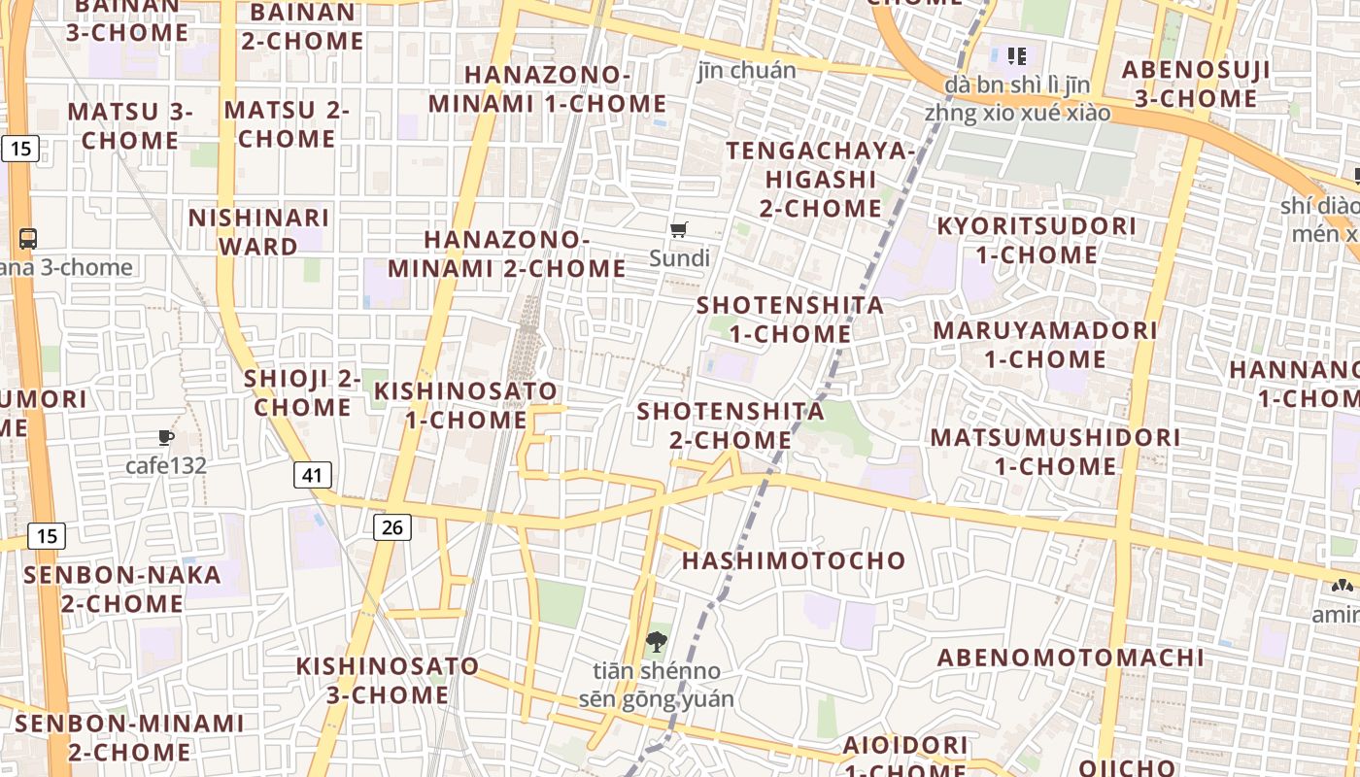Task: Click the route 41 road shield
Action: click(312, 475)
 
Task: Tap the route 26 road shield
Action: click(392, 527)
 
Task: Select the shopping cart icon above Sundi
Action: click(679, 230)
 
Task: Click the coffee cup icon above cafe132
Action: click(166, 438)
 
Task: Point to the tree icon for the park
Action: click(657, 641)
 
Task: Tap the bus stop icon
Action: click(28, 238)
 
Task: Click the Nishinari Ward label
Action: click(259, 231)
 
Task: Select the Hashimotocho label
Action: click(793, 560)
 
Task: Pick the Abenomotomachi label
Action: click(1071, 658)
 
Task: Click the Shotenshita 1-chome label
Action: click(790, 320)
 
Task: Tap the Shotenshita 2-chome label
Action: click(731, 425)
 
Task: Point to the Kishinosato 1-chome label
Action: click(466, 405)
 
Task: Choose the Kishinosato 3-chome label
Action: click(388, 680)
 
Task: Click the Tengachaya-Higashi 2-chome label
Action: click(821, 180)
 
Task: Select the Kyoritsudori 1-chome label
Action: click(1036, 240)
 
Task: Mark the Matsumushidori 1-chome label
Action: click(1055, 451)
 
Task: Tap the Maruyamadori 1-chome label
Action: click(1045, 344)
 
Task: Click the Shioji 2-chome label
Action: click(302, 392)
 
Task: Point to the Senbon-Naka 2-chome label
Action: click(122, 589)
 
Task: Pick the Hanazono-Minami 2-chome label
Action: click(507, 253)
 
